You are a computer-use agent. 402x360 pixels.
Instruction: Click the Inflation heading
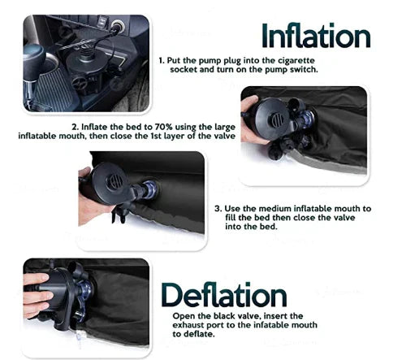click(315, 35)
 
